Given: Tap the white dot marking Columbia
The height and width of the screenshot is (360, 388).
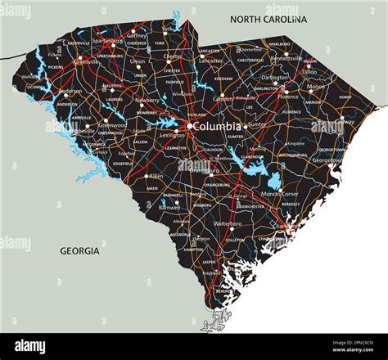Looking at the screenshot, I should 189,126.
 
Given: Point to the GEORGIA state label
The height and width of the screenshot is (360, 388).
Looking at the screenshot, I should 79,251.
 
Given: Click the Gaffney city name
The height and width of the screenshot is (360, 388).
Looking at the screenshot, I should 137,36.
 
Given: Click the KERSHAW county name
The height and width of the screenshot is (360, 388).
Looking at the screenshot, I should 224,79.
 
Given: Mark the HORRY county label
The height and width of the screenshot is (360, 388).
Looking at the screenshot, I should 345,97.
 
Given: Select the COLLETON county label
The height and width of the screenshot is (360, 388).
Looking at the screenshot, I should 236,240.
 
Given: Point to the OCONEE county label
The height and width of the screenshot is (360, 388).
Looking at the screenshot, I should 36,87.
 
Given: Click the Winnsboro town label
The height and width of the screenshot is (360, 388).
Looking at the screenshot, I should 183,94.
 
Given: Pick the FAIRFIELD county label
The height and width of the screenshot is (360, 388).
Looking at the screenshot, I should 175,82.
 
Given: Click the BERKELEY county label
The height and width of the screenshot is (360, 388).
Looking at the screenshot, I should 291,205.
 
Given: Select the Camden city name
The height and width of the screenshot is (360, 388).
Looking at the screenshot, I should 223,98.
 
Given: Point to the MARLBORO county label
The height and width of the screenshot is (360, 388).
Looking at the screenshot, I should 280,43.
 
